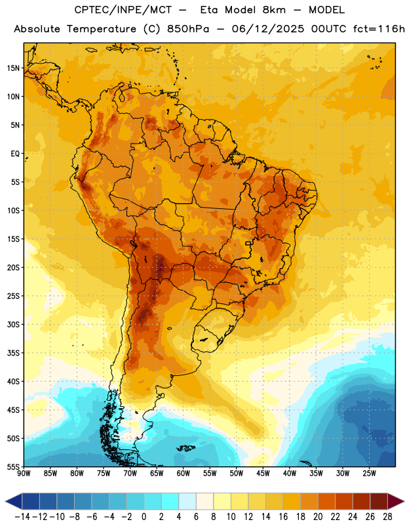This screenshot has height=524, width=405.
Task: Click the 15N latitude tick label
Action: pyautogui.click(x=14, y=68)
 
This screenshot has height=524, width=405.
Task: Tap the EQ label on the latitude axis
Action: pyautogui.click(x=15, y=154)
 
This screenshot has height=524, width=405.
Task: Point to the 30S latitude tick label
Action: pyautogui.click(x=14, y=324)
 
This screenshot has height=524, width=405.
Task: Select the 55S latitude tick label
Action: pyautogui.click(x=14, y=466)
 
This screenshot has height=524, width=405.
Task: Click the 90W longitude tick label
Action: pyautogui.click(x=24, y=473)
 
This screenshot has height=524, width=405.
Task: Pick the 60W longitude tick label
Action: pyautogui.click(x=183, y=473)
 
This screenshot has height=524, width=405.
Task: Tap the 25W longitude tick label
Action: pyautogui.click(x=369, y=473)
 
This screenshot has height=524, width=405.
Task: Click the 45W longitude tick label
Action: pyautogui.click(x=263, y=473)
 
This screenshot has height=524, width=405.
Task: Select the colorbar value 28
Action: pyautogui.click(x=387, y=517)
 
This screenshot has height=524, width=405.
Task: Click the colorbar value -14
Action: pyautogui.click(x=22, y=517)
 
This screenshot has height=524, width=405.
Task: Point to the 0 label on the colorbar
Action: pyautogui.click(x=144, y=517)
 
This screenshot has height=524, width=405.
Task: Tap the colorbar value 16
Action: pyautogui.click(x=283, y=517)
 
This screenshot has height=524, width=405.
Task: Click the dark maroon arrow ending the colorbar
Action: pyautogui.click(x=395, y=501)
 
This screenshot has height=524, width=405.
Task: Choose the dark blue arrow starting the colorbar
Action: pyautogui.click(x=13, y=501)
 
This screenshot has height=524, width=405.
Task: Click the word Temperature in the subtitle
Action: pyautogui.click(x=102, y=29)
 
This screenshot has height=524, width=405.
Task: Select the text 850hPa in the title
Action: pyautogui.click(x=188, y=29)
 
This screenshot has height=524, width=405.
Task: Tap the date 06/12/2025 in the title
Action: pyautogui.click(x=268, y=29)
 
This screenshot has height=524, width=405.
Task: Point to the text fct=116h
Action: pyautogui.click(x=379, y=29)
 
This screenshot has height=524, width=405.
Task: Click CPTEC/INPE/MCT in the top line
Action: pyautogui.click(x=123, y=10)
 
